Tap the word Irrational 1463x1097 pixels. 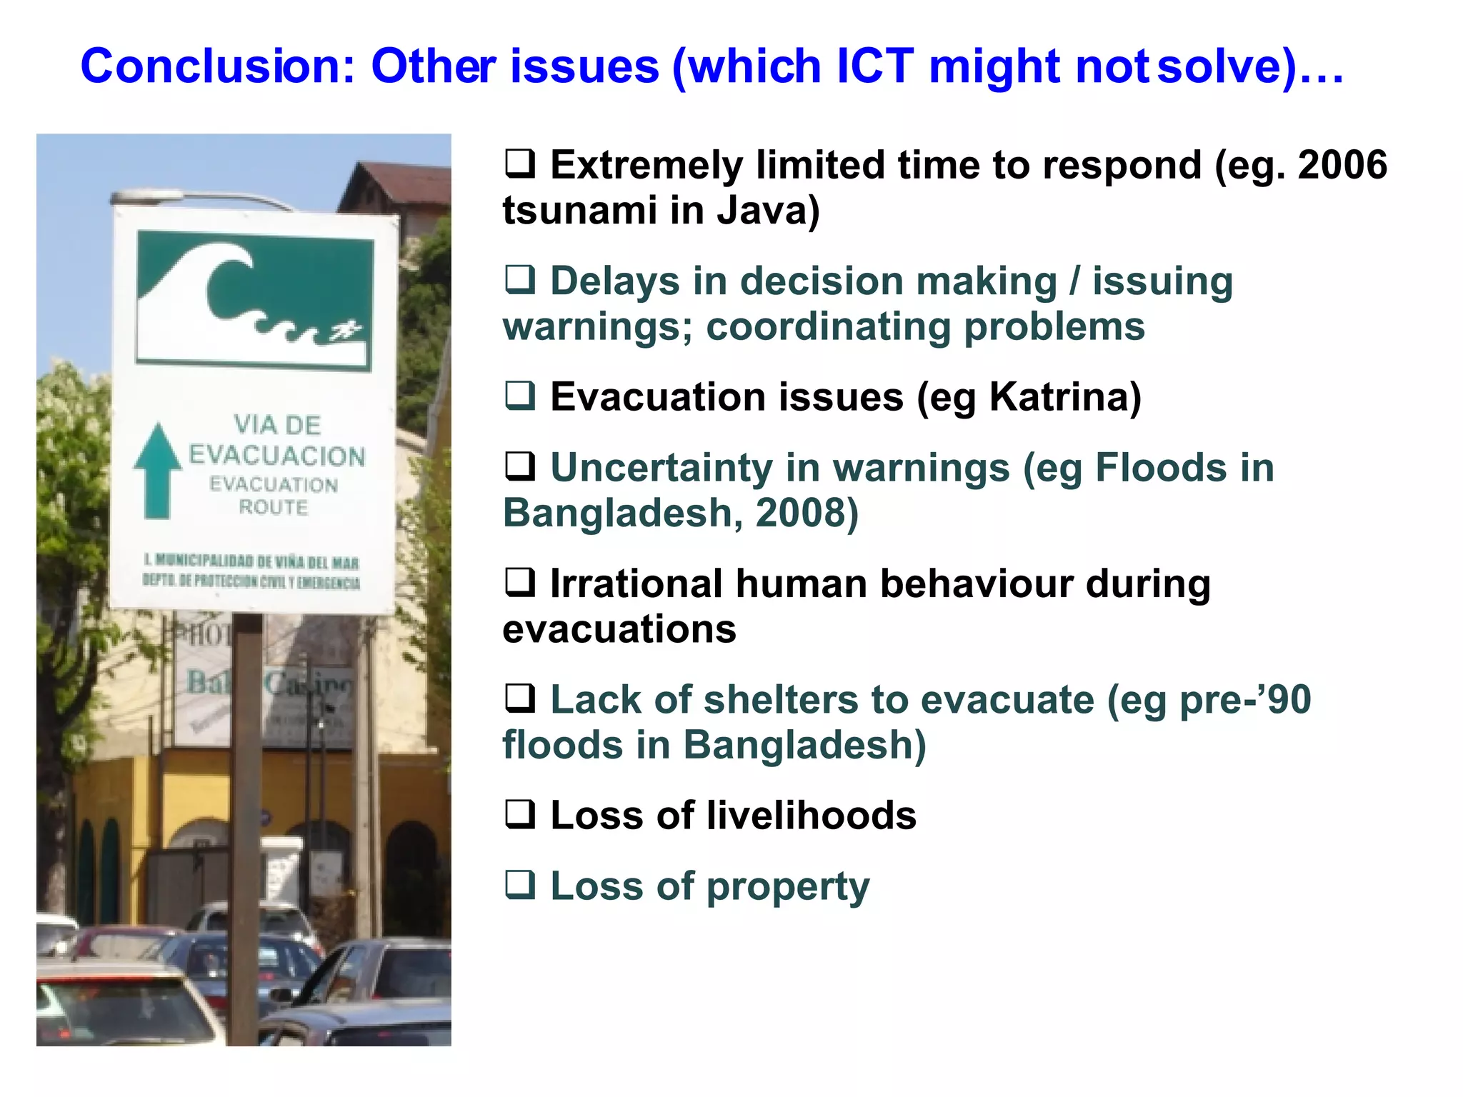click(x=636, y=584)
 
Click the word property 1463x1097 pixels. click(x=788, y=887)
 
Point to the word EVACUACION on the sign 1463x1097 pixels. click(x=276, y=456)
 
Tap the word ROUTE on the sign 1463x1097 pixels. click(x=273, y=507)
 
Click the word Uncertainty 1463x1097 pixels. click(x=661, y=469)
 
